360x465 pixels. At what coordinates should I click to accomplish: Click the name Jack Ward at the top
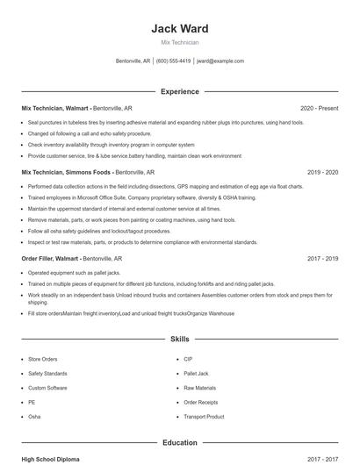click(180, 28)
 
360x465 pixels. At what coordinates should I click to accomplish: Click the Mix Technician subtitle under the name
click(180, 42)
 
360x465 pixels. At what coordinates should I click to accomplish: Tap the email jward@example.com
click(220, 61)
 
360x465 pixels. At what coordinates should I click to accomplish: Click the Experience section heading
click(180, 91)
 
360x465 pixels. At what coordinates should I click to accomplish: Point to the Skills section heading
click(180, 338)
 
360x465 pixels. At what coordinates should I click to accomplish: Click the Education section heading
click(180, 443)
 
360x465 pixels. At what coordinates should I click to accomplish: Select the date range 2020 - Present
click(319, 108)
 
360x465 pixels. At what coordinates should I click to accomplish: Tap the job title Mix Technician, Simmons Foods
click(67, 173)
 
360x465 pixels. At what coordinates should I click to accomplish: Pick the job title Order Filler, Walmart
click(50, 259)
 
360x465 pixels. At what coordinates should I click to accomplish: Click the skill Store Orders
click(42, 359)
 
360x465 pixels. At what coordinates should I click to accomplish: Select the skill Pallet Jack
click(196, 373)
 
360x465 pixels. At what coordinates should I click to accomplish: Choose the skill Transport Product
click(204, 416)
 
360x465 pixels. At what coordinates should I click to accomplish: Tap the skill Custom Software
click(47, 388)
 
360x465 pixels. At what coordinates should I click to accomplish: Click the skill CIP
click(188, 359)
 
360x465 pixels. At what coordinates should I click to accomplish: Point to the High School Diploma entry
click(52, 459)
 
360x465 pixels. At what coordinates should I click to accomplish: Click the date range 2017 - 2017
click(322, 459)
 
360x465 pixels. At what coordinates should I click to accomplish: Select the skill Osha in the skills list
click(34, 416)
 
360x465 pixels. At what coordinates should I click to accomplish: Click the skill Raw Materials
click(199, 388)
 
